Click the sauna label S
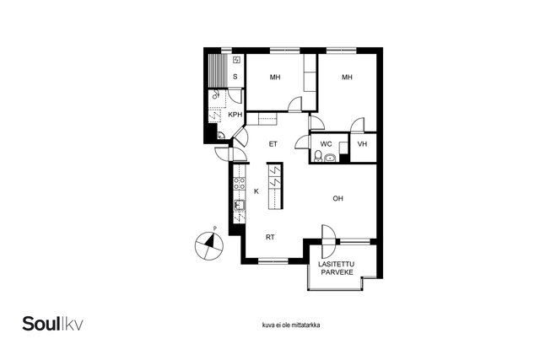point(235,77)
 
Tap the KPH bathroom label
point(235,115)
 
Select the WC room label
point(326,144)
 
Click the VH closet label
point(362,144)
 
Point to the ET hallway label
point(273,144)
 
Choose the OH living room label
point(337,199)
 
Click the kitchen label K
point(256,191)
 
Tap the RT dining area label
point(270,237)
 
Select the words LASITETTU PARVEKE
point(337,268)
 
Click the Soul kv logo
point(52,324)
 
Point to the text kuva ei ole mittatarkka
point(291,325)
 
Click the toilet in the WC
point(318,156)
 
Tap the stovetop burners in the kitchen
point(240,183)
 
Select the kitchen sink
point(240,205)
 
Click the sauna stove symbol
point(236,60)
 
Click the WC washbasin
point(330,158)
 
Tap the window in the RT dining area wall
point(273,261)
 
